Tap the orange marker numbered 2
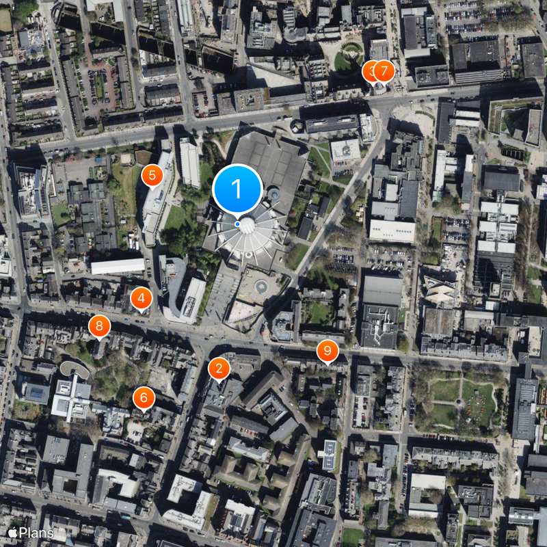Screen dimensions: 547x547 coord(219,369)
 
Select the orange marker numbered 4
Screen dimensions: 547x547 coord(141,298)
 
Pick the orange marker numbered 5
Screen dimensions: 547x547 coord(151,176)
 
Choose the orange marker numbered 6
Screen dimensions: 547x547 coord(144,397)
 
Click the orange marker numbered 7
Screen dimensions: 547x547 coord(384,70)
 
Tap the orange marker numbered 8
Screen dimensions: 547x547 coord(100,326)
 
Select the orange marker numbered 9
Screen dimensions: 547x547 coord(328,351)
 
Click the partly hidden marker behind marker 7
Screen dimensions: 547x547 coord(369,70)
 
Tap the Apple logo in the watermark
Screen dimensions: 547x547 coord(12,533)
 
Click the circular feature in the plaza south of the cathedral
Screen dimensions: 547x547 coord(261,286)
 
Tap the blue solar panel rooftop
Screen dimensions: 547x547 coord(329,454)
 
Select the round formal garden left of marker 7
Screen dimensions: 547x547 coord(351,54)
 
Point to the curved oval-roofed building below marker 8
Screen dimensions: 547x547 coord(74,369)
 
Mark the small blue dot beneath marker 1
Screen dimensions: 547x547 coord(237,224)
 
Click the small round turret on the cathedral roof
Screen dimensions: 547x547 coord(273,195)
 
